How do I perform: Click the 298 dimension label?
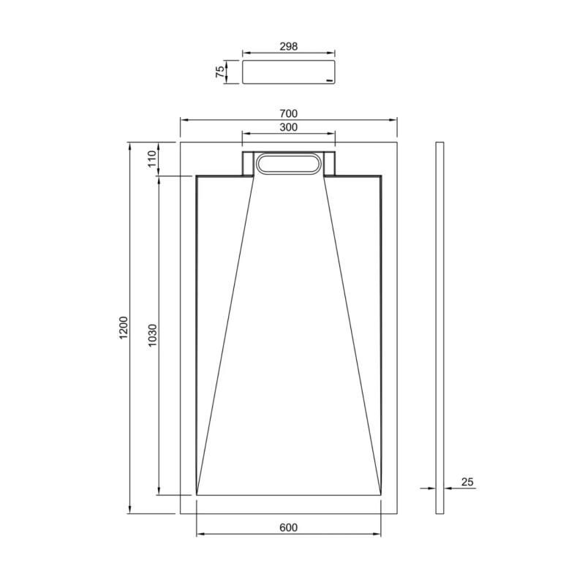pos(288,46)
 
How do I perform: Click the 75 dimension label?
pos(219,72)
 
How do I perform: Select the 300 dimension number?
pos(288,127)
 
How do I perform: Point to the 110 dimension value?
pos(153,159)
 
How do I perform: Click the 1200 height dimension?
pos(124,327)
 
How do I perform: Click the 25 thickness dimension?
pos(468,481)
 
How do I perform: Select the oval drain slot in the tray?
pos(288,165)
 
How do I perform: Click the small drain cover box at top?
pos(288,72)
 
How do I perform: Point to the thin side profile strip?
pos(439,327)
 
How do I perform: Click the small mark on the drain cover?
pos(330,78)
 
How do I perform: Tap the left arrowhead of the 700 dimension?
pos(184,119)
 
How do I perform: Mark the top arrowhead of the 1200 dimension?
pos(129,144)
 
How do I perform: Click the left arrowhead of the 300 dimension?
pos(245,134)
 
